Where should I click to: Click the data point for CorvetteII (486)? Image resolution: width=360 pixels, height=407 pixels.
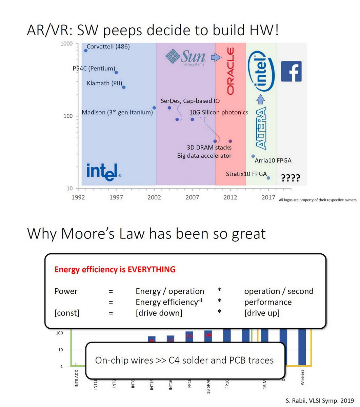pos(86,51)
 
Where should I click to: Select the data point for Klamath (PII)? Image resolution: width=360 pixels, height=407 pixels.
pos(124,87)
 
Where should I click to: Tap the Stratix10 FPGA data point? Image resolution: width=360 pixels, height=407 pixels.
pos(268,178)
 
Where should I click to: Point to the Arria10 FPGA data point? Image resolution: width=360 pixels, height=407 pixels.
pos(253,156)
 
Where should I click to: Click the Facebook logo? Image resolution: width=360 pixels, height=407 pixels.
pos(291,71)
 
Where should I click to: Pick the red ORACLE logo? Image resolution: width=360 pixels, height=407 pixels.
pos(231,71)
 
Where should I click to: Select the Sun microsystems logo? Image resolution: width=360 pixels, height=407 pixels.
pos(185,57)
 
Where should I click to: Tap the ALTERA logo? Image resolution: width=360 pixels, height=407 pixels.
pos(261,128)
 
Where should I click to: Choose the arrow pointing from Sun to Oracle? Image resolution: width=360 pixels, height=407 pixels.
pos(216,57)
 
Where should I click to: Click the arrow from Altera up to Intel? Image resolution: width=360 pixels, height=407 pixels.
pos(260,99)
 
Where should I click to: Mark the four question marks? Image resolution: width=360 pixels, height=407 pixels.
pos(291,178)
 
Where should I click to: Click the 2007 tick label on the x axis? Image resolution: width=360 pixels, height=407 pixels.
pos(192,197)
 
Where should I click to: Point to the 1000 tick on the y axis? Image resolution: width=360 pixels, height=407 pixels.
pos(66,44)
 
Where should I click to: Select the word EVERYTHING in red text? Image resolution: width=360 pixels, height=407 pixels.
pos(152,270)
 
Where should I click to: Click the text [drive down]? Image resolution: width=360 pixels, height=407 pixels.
pos(159,313)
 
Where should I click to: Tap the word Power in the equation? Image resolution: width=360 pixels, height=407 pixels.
pos(66,291)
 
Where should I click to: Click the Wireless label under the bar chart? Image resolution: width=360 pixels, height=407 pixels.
pos(302,377)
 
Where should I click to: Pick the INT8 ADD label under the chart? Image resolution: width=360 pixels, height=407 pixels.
pos(76,379)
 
